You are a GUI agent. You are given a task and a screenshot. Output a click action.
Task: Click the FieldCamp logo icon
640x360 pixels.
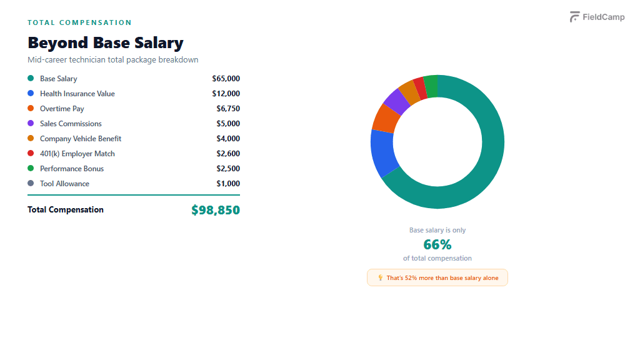(x=575, y=17)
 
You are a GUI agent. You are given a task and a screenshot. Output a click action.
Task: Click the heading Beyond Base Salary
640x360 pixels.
(x=106, y=43)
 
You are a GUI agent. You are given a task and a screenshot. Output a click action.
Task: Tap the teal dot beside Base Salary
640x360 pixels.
(x=31, y=79)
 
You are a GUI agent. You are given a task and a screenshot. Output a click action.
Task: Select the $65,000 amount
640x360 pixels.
(x=226, y=79)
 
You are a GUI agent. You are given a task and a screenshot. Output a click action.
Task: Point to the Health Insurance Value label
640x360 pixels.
(x=77, y=94)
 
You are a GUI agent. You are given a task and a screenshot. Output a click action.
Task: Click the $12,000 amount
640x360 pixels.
(x=226, y=94)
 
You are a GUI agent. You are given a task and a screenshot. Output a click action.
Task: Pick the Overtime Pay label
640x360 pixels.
(x=62, y=109)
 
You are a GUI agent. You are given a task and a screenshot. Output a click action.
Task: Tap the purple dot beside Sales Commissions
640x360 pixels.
(x=31, y=124)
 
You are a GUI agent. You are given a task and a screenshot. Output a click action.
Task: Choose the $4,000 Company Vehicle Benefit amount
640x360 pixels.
(x=228, y=139)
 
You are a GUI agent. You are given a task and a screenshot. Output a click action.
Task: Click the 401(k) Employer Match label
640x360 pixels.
(x=77, y=154)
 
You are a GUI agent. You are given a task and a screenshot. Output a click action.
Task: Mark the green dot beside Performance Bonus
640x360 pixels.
(x=31, y=169)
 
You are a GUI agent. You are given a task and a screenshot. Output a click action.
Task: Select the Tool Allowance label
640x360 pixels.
(x=64, y=184)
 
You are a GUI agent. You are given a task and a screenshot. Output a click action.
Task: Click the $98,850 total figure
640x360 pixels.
(x=216, y=210)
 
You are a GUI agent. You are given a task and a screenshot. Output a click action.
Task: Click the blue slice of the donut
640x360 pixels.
(x=383, y=152)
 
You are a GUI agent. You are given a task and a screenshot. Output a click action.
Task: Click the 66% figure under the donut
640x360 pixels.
(x=437, y=244)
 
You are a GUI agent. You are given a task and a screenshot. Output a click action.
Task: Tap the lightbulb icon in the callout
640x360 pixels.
(x=380, y=277)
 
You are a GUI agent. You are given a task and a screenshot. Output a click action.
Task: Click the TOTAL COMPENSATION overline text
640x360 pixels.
(x=79, y=22)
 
